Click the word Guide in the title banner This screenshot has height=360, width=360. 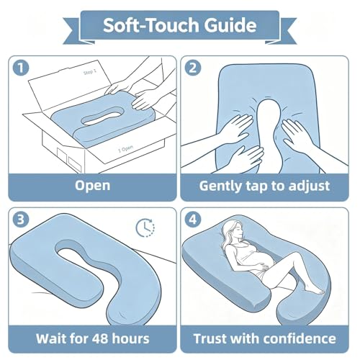point(230,25)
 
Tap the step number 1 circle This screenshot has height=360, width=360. point(21,68)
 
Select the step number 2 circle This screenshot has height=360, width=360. point(193,68)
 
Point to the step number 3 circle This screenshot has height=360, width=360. point(21,220)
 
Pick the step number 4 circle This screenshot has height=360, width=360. point(193,220)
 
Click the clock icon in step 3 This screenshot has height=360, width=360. point(145,227)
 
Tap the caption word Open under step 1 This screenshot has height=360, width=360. point(92,186)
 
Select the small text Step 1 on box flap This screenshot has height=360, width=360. point(90,72)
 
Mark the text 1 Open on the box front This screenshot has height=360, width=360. point(125,149)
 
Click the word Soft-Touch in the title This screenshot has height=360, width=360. point(151,25)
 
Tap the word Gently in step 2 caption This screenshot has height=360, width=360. point(221,186)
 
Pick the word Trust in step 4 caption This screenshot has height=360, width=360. point(210,338)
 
